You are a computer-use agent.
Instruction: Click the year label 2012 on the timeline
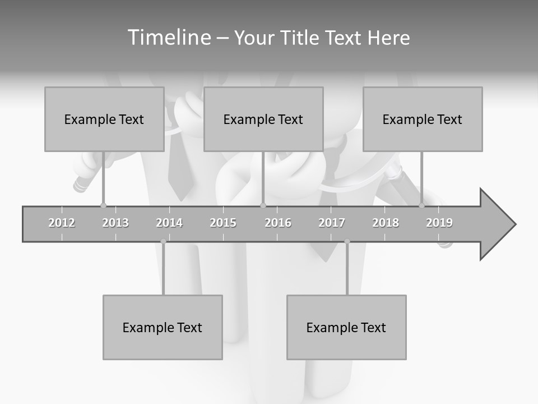click(62, 223)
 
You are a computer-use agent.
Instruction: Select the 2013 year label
click(115, 223)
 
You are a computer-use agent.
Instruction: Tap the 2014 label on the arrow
click(169, 223)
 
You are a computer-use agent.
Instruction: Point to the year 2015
click(223, 223)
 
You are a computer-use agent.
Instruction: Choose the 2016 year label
click(278, 223)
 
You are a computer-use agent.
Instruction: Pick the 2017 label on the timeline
click(332, 223)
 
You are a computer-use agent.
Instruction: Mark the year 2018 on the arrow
click(386, 223)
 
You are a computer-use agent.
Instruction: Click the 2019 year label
click(439, 223)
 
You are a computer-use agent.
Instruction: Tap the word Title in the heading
click(301, 38)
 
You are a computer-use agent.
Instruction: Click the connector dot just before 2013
click(103, 205)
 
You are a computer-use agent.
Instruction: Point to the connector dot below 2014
click(163, 241)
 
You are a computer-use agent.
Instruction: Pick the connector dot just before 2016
click(263, 205)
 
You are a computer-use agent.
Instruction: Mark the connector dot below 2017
click(347, 241)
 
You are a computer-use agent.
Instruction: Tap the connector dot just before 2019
click(421, 205)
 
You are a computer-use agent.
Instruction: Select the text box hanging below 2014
click(163, 327)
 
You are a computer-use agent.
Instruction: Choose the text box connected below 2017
click(346, 327)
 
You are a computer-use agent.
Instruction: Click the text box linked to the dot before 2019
click(423, 119)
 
